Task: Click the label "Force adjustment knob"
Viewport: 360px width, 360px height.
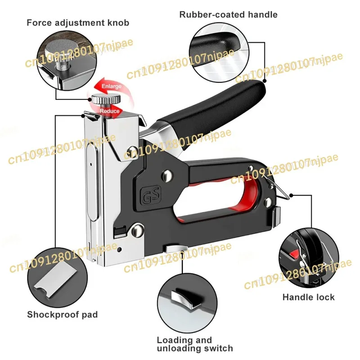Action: [x=77, y=22]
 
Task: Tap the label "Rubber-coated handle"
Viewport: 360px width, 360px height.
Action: [x=228, y=14]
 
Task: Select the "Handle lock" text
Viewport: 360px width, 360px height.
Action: [x=308, y=297]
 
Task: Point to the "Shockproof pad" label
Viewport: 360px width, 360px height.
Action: [x=62, y=315]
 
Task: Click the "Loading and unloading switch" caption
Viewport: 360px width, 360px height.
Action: [x=194, y=344]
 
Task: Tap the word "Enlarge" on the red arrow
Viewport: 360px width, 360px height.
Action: [x=111, y=86]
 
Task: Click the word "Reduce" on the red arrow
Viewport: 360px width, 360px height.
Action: [x=109, y=111]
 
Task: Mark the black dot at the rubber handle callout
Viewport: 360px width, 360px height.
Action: [x=265, y=81]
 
